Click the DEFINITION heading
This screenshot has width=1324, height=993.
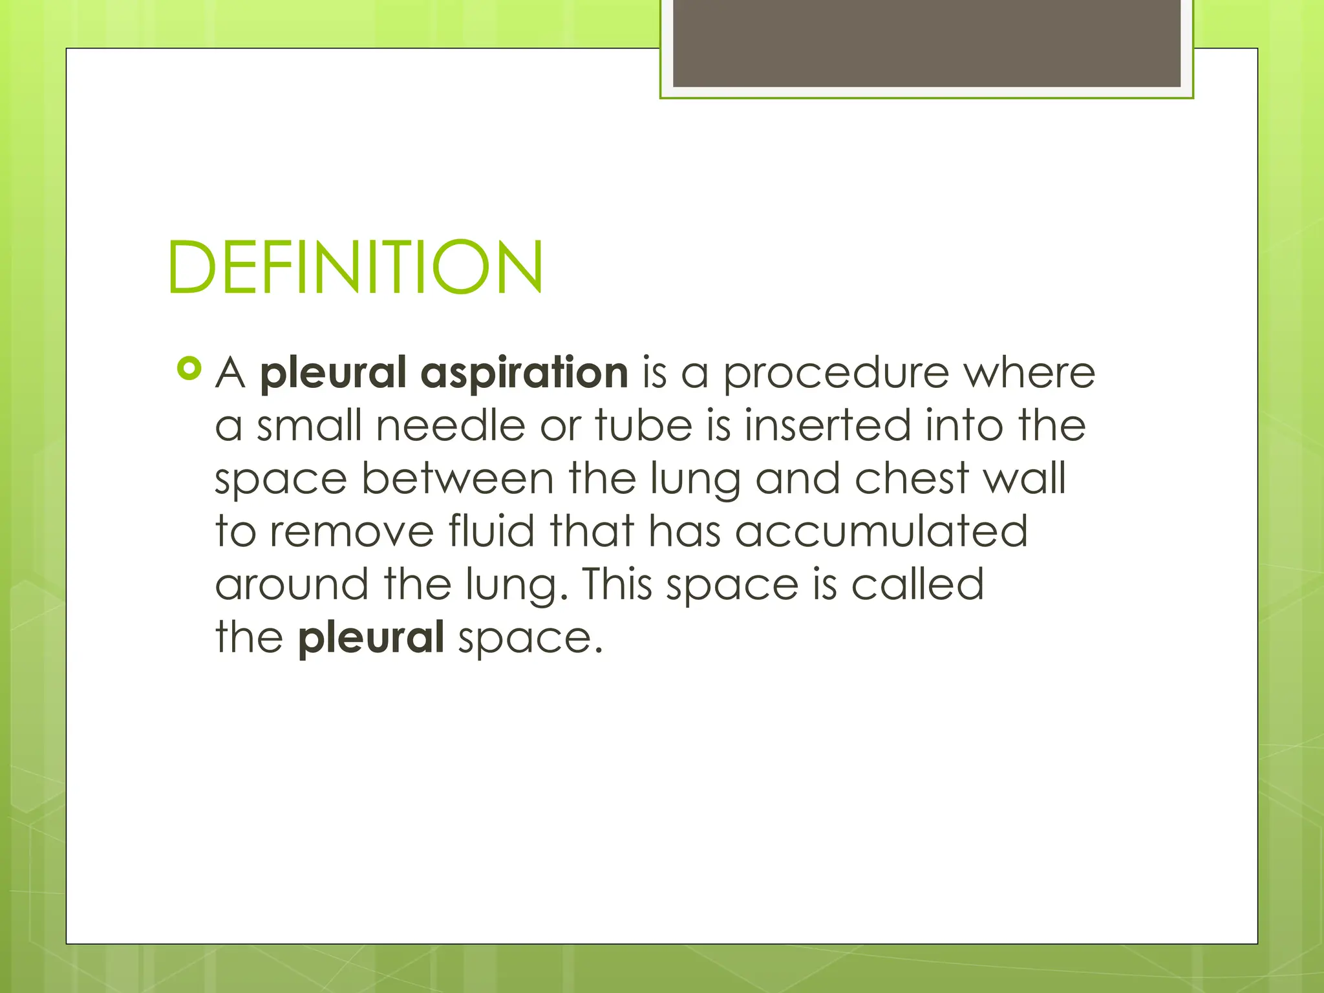tap(355, 267)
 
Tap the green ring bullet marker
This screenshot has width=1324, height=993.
tap(189, 368)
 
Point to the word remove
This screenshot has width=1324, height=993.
tap(352, 532)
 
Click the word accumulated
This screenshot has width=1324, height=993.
tap(881, 531)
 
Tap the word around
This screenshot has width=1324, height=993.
tap(292, 584)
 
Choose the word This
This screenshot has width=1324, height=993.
tap(617, 584)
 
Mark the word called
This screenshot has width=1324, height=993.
tap(917, 584)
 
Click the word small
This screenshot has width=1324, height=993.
tap(309, 426)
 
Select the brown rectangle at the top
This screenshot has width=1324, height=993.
tap(926, 43)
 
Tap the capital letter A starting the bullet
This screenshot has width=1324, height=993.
tap(231, 374)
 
